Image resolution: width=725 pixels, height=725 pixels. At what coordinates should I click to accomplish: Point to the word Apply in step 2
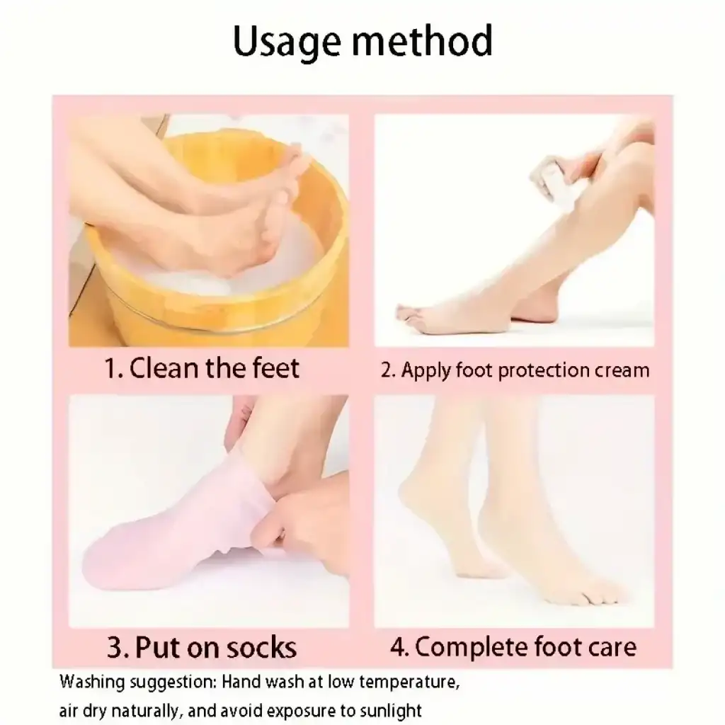coord(426,371)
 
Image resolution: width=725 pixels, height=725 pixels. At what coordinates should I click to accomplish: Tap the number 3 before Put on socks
coord(115,647)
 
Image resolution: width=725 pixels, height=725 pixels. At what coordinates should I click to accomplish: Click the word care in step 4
coord(612,647)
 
